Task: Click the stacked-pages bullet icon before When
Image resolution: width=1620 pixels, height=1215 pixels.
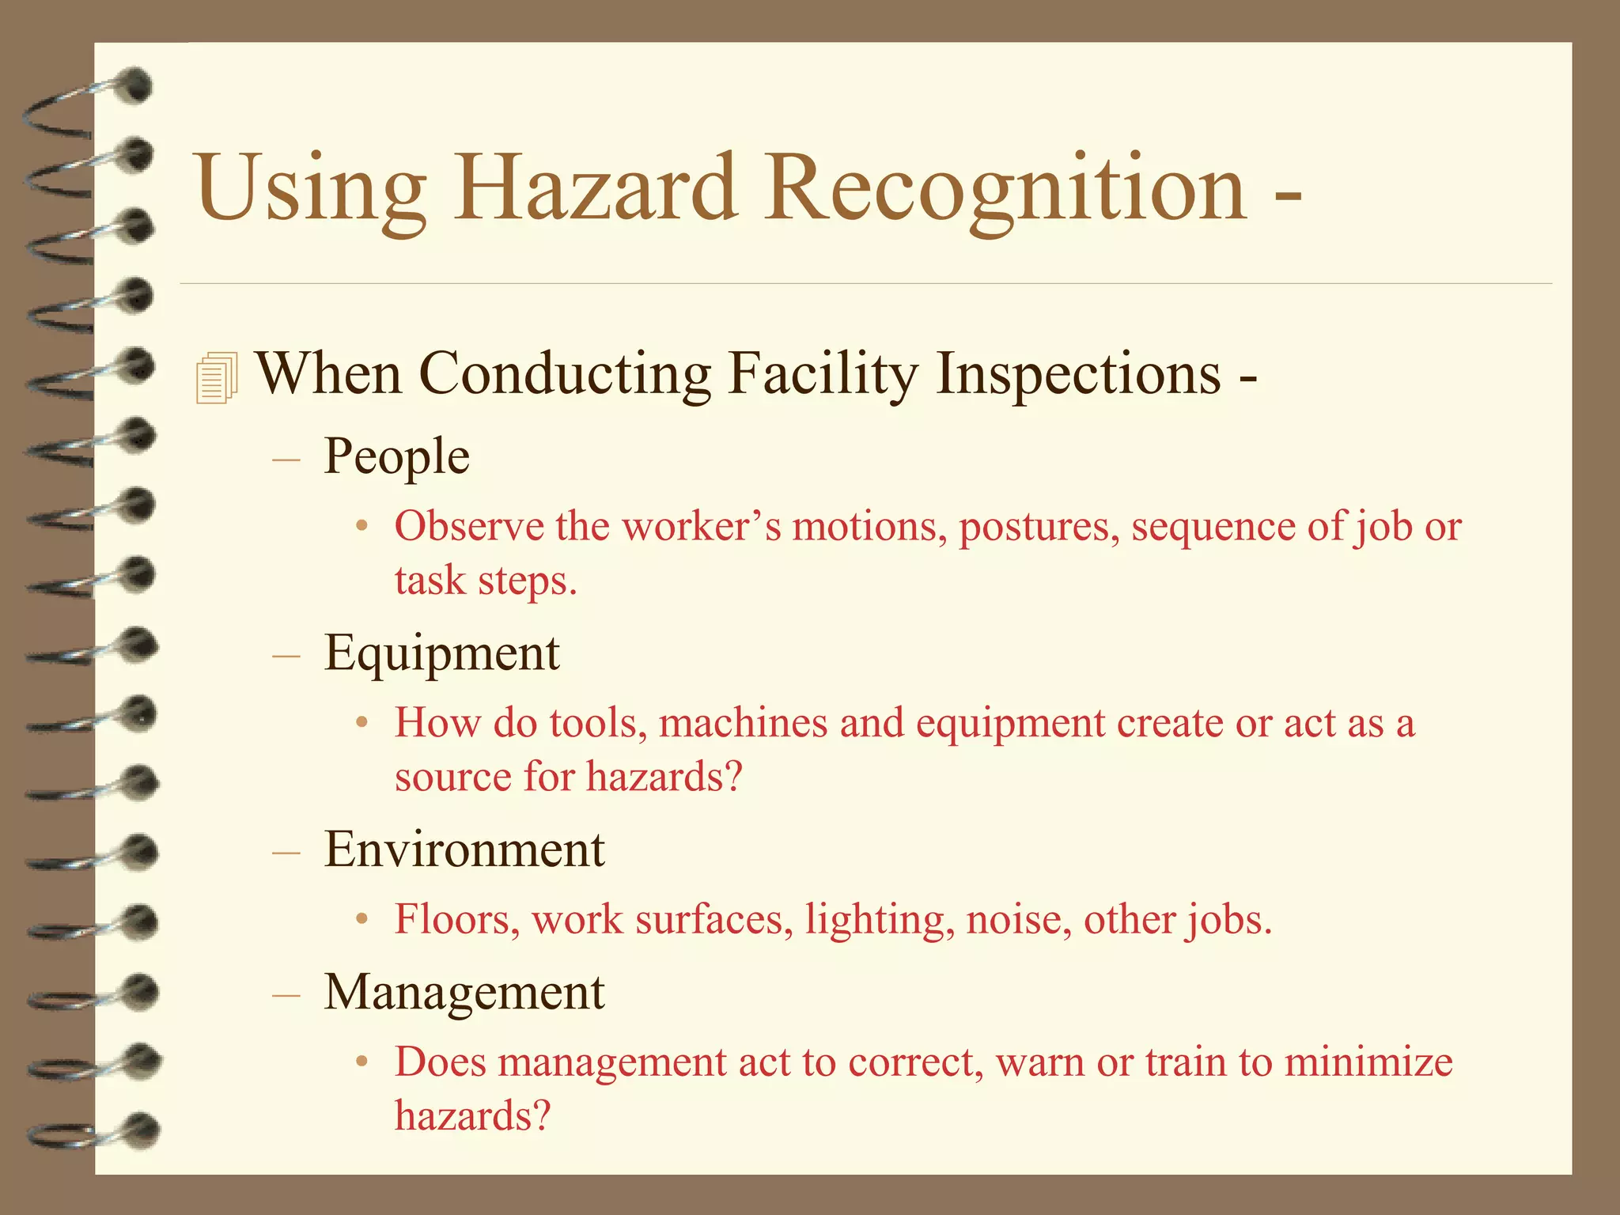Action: (216, 377)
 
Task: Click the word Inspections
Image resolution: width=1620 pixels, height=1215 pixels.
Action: (1079, 373)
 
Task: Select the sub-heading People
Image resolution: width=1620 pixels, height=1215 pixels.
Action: (396, 456)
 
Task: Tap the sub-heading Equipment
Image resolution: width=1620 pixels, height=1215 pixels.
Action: (441, 653)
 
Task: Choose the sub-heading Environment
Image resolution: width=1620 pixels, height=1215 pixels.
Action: (464, 850)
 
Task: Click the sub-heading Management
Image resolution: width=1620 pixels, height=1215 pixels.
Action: (464, 992)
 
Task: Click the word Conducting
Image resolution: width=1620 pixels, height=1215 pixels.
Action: (565, 373)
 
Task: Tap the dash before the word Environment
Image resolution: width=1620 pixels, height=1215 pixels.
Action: (286, 853)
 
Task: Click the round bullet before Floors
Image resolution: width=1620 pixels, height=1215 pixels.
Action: (361, 920)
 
